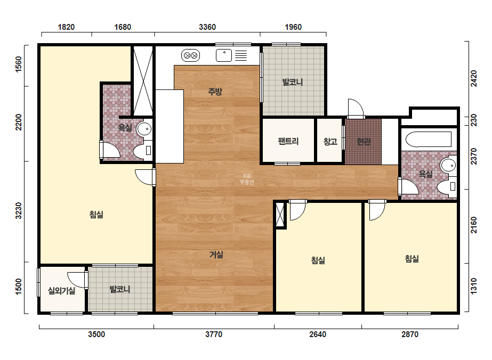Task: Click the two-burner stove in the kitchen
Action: click(x=190, y=55)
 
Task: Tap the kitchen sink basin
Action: click(x=224, y=55)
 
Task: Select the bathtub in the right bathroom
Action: click(x=429, y=139)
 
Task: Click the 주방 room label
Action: click(x=215, y=92)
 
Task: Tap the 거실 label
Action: click(x=216, y=255)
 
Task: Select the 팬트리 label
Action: click(x=288, y=141)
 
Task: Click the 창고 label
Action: click(x=330, y=142)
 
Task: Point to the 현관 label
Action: click(x=364, y=142)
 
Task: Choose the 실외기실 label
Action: click(x=61, y=291)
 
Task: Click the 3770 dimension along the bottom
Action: click(x=214, y=334)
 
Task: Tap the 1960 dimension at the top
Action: click(x=293, y=27)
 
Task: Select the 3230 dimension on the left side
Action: click(x=19, y=211)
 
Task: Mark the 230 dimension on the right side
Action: click(x=473, y=120)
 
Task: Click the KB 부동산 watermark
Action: click(x=247, y=179)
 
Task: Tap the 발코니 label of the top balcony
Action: click(x=293, y=82)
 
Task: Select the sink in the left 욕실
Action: click(x=144, y=129)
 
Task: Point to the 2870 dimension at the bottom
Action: click(x=410, y=334)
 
